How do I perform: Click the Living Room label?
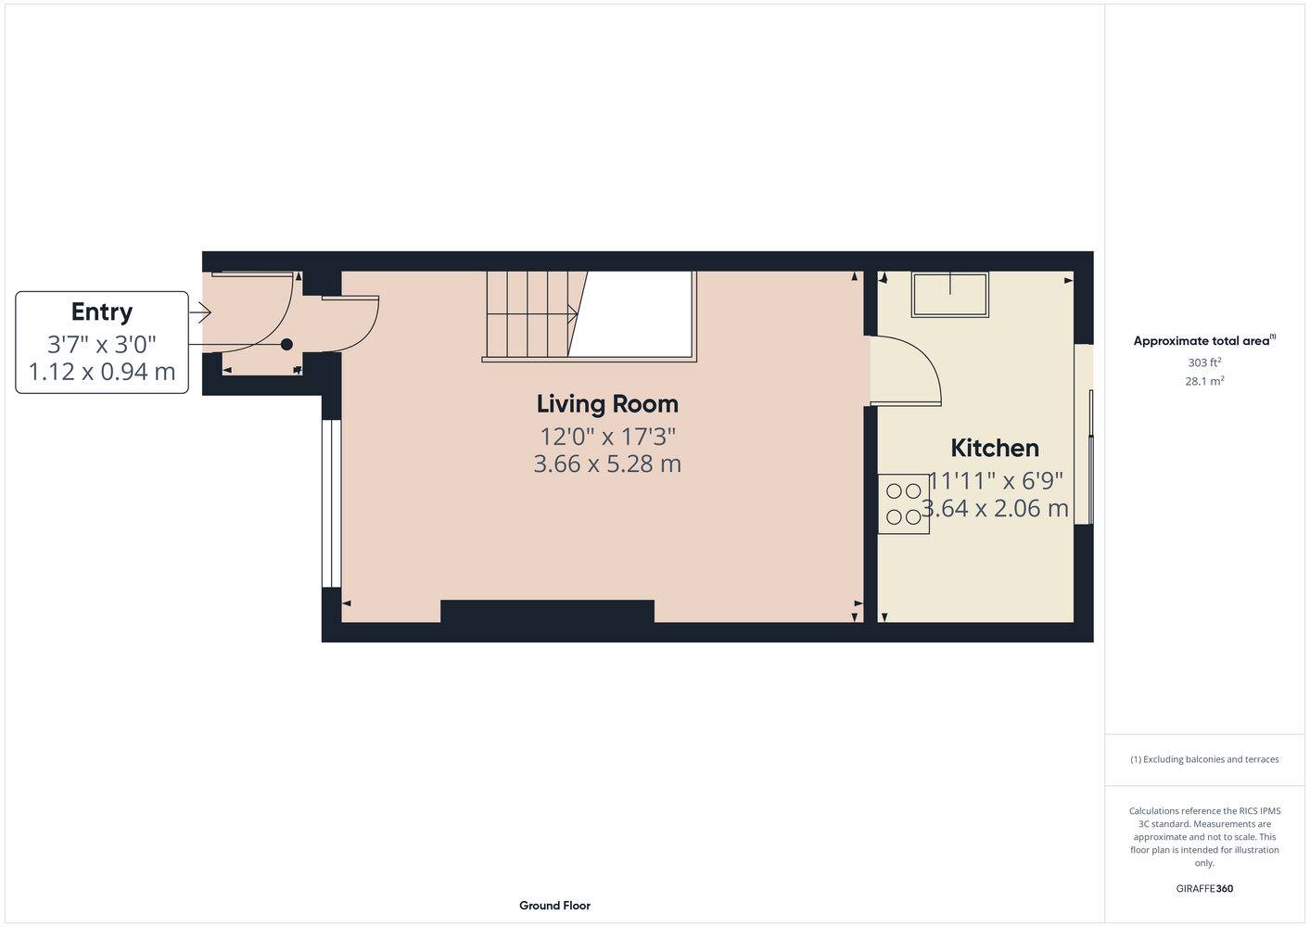607,404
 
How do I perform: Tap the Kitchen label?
995,449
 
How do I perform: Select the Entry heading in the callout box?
102,311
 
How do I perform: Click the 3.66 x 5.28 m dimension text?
607,463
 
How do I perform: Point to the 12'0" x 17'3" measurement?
607,437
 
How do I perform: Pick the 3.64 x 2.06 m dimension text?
995,508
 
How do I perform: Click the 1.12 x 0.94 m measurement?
102,372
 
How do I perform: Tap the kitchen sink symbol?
949,294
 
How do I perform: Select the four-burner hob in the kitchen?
904,503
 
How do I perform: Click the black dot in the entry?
286,345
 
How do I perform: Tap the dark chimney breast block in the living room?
547,611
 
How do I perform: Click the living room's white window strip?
332,503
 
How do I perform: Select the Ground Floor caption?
554,906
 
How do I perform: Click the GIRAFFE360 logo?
1204,888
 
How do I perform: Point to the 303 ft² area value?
1204,362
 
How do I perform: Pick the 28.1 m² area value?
1204,381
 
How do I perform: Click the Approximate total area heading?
1204,340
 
